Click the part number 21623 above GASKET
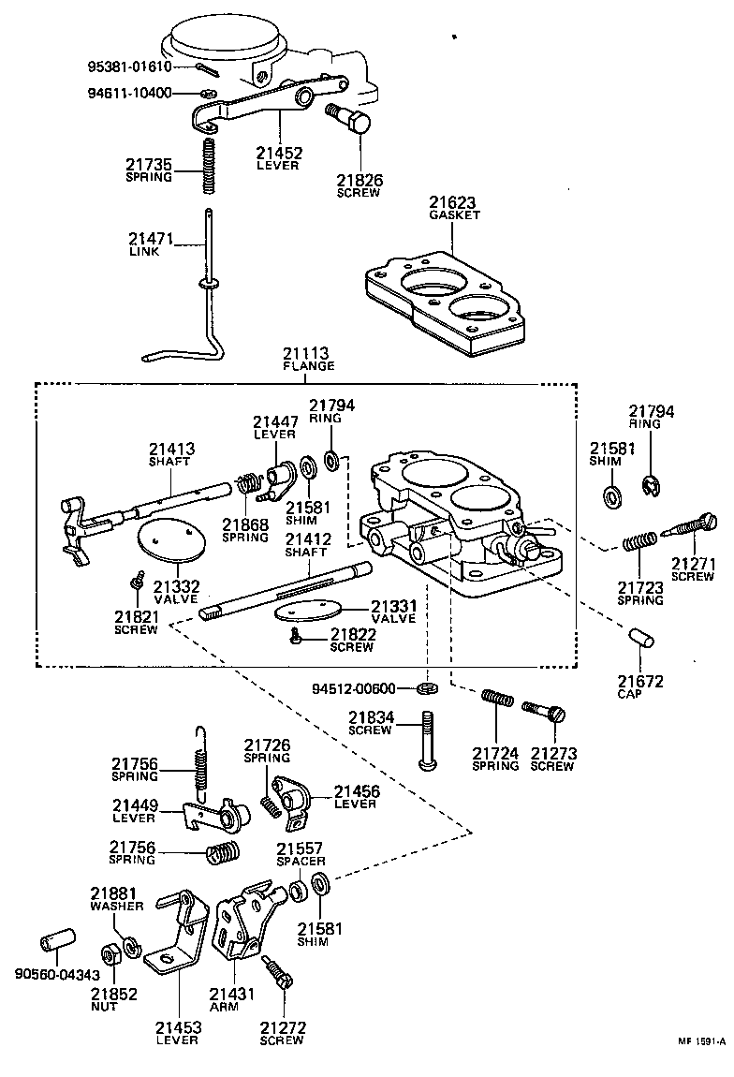pos(453,201)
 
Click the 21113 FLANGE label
pos(308,359)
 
